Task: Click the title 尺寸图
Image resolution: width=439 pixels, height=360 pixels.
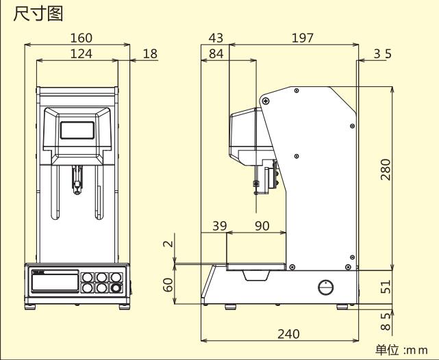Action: click(x=38, y=13)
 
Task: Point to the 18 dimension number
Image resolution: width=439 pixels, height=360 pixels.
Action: click(x=149, y=53)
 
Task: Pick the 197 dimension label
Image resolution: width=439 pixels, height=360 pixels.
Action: click(x=302, y=38)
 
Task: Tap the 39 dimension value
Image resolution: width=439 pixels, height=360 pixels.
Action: click(x=218, y=226)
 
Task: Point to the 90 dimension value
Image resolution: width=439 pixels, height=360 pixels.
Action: click(x=262, y=226)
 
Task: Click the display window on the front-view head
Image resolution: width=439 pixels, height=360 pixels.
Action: click(x=77, y=129)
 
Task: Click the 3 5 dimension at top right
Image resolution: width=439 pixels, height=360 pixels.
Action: click(x=382, y=53)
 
